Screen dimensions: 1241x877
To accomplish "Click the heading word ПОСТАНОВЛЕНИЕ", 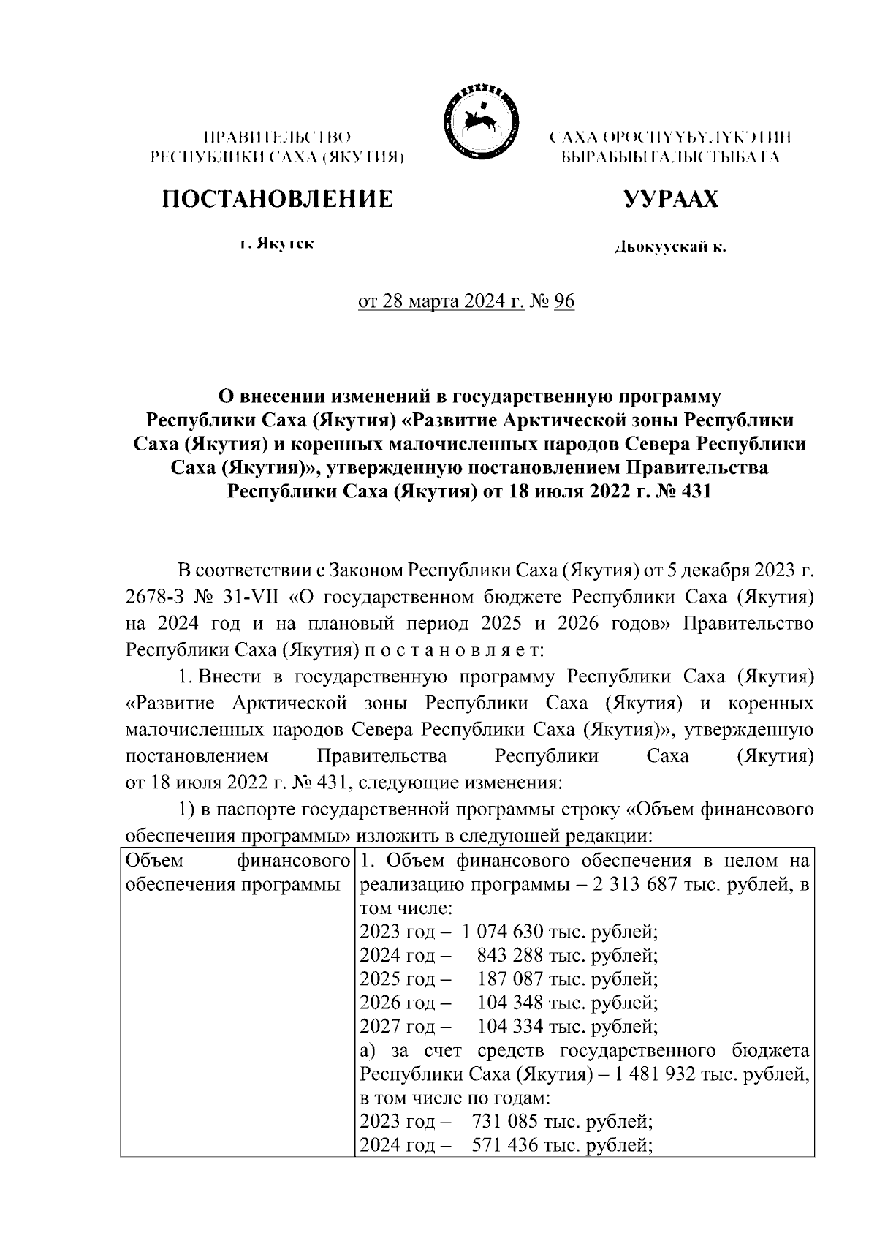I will pos(277,199).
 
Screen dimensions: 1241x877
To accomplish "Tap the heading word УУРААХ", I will pos(670,199).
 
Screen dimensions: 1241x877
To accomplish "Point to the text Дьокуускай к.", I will pos(670,248).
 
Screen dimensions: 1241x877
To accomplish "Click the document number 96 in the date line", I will pos(564,301).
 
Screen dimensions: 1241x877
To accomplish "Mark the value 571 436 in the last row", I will pos(506,1144).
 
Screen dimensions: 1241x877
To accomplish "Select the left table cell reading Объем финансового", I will pos(236,860).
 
